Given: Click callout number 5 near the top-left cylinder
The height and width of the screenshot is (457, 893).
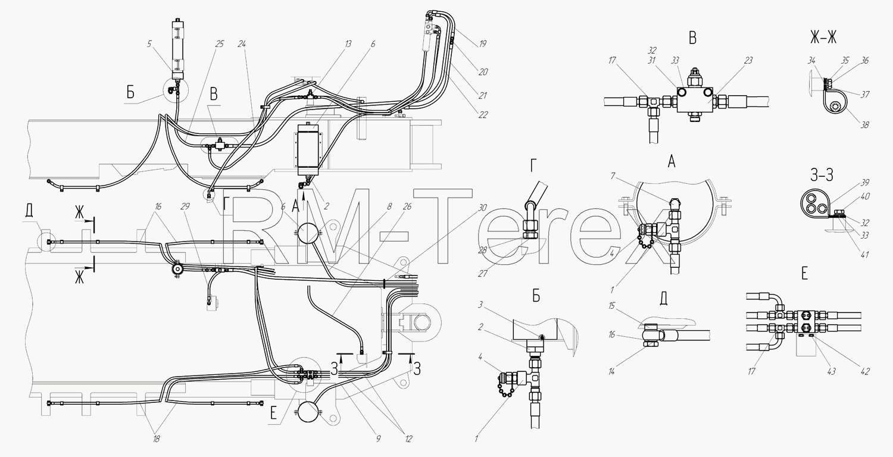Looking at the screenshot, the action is point(149,44).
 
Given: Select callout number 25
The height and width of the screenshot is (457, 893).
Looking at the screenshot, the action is point(220,44).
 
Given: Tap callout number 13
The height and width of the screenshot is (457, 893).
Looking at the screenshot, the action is point(348,44).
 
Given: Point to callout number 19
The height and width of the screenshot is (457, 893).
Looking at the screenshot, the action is point(482,44).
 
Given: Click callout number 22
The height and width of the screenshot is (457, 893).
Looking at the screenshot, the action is point(483,115).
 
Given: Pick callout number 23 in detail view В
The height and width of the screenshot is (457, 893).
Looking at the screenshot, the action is point(748,60).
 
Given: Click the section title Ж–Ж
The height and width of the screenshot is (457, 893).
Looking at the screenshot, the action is point(823,37).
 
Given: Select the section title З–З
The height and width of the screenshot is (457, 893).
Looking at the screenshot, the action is point(822,175).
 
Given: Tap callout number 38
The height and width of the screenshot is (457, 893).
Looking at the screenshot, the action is point(864,125).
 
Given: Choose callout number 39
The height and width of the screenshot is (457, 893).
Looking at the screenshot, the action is point(864,183).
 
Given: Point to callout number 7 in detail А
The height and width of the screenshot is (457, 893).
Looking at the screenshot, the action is point(613,176).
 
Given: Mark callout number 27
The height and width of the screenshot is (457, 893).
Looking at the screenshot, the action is point(483,274).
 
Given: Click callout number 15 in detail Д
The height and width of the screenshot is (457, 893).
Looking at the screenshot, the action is point(612,306).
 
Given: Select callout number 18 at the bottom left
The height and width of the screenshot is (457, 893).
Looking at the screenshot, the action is point(156,439).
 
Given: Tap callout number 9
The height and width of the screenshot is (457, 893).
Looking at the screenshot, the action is point(378,439).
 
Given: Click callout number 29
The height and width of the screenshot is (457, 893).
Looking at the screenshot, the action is point(185,206).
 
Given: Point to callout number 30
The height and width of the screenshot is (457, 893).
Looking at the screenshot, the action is point(482,208).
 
